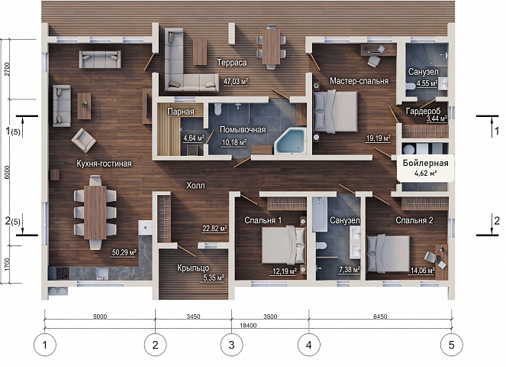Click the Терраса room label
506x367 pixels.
(232, 63)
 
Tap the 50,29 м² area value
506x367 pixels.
(124, 252)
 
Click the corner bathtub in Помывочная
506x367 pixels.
(290, 141)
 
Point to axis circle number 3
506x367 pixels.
(231, 345)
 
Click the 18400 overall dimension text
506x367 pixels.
(248, 325)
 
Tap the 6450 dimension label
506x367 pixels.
(380, 317)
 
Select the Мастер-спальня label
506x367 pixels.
(359, 81)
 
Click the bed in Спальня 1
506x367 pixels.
(283, 245)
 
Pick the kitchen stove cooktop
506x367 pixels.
(63, 273)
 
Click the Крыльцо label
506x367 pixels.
(193, 268)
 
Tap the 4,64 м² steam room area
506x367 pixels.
(194, 138)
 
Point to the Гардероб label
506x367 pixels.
(423, 111)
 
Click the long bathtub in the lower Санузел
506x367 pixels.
(320, 214)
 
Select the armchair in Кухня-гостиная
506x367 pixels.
(84, 141)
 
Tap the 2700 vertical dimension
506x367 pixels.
(8, 69)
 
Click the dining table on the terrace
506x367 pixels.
(271, 47)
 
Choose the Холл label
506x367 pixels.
(195, 185)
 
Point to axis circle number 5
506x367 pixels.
(452, 345)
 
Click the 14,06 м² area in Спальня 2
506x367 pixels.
(422, 271)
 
